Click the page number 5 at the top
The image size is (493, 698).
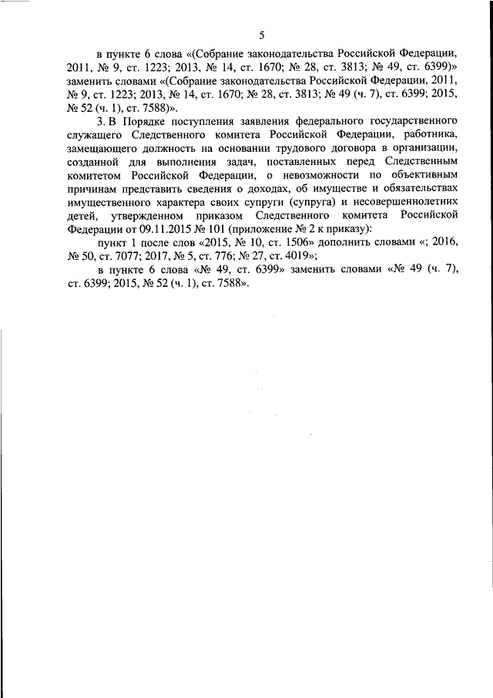(261, 35)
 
